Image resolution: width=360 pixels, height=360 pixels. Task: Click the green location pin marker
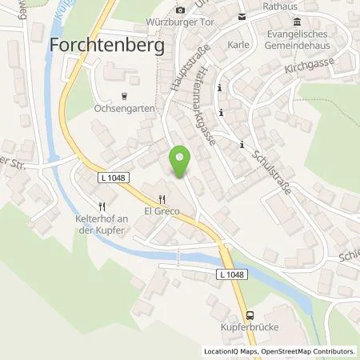pyautogui.click(x=180, y=163)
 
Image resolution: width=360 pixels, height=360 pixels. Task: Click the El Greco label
pyautogui.click(x=161, y=212)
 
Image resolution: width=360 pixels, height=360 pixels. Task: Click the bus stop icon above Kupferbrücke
pyautogui.click(x=250, y=315)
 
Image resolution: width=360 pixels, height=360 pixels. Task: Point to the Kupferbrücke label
pyautogui.click(x=250, y=329)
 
